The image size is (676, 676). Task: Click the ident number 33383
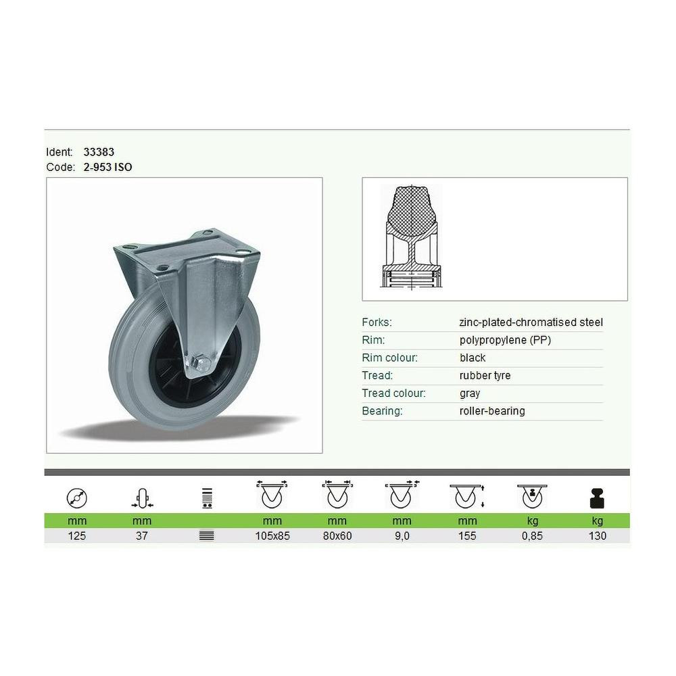pyautogui.click(x=99, y=151)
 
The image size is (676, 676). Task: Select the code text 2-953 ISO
pyautogui.click(x=107, y=167)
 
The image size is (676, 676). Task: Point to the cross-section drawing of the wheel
pyautogui.click(x=411, y=236)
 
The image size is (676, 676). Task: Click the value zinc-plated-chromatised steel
pyautogui.click(x=531, y=322)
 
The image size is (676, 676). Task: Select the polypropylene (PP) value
pyautogui.click(x=505, y=340)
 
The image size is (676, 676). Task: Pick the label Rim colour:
pyautogui.click(x=390, y=358)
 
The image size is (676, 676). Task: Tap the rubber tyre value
pyautogui.click(x=485, y=375)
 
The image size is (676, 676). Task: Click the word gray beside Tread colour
pyautogui.click(x=470, y=393)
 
